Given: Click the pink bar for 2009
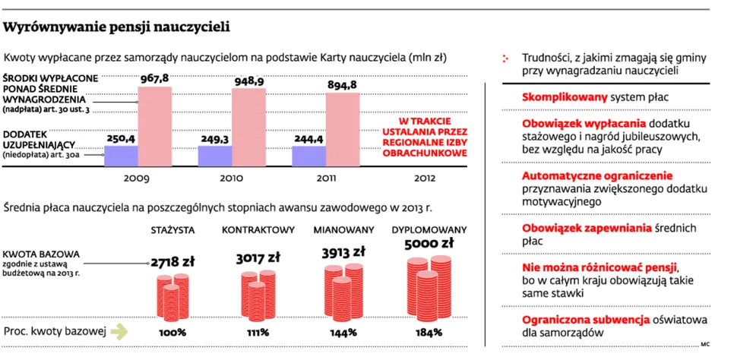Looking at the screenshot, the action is point(155,126).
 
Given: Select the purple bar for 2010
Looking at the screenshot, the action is point(215,156).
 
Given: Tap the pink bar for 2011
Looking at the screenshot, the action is point(343,130).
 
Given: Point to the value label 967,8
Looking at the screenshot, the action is point(154,79).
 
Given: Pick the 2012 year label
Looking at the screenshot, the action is point(425,178).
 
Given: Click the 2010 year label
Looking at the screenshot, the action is point(232,178).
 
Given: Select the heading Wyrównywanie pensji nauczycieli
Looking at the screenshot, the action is point(116,27).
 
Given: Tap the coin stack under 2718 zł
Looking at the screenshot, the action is point(172,297).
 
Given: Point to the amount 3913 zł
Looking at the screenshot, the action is point(343,252).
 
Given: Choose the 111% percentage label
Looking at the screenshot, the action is point(258,333).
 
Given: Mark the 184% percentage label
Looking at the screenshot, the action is point(429,333).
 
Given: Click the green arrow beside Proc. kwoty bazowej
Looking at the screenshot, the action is point(119,332).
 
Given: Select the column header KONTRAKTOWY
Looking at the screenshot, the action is point(258,230).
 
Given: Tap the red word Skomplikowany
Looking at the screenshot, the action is point(565,98).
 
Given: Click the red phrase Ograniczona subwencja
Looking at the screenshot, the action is point(586,321).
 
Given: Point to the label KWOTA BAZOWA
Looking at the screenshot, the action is point(41,254).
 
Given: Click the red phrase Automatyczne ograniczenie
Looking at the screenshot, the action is point(597,176).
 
